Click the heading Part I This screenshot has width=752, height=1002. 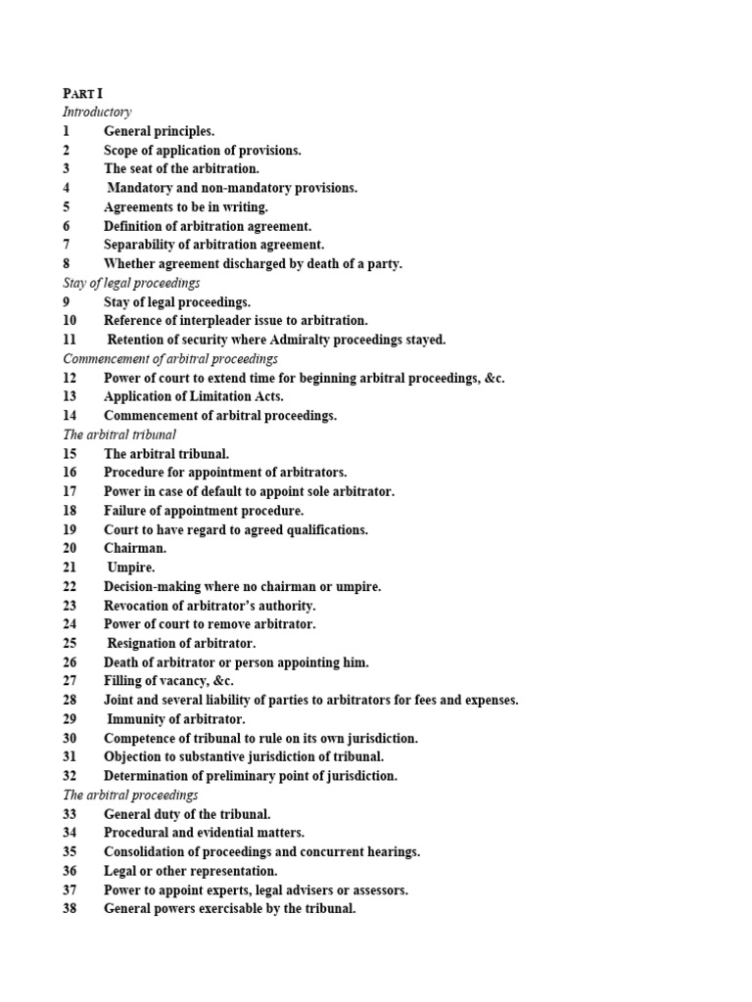coord(82,93)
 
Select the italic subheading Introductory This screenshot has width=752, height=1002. coord(97,112)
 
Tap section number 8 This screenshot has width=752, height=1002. coord(67,263)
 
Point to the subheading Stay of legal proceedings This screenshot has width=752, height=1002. coord(131,283)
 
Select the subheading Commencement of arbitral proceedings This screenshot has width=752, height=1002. coord(170,359)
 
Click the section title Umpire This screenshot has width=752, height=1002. coord(131,568)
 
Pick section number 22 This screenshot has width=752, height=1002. coord(70,586)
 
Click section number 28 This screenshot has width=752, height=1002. coord(70,700)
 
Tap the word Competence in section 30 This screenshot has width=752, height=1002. coord(143,738)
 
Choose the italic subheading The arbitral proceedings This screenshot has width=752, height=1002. coord(130,795)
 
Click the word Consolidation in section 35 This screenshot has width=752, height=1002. coord(147,851)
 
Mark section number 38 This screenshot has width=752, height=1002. coord(70,908)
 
